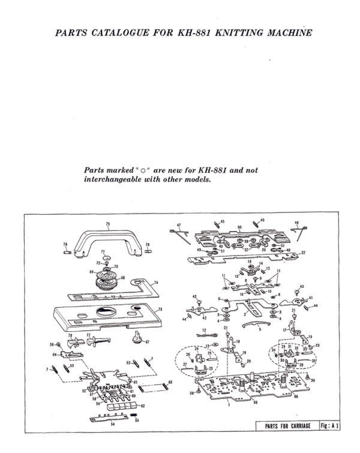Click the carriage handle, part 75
[106, 239]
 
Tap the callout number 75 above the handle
[108, 224]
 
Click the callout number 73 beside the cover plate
[160, 310]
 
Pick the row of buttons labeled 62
[117, 406]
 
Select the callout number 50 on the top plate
[239, 227]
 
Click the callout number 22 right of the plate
[303, 253]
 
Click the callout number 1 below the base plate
[229, 405]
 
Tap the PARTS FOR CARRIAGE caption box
[284, 425]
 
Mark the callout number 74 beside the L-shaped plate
[155, 283]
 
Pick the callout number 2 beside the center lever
[245, 314]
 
